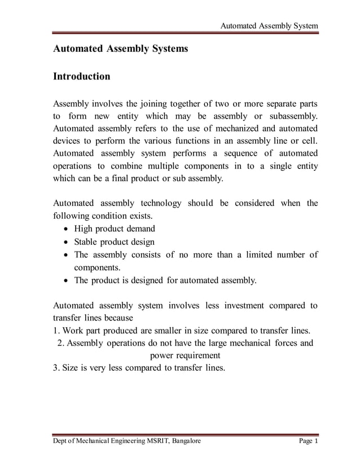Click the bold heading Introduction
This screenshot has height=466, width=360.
[81, 76]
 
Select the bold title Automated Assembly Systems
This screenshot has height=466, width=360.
[120, 49]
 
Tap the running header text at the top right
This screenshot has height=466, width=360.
[269, 26]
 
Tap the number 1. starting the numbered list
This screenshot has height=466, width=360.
[56, 331]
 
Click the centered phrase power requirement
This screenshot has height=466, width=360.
[185, 355]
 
